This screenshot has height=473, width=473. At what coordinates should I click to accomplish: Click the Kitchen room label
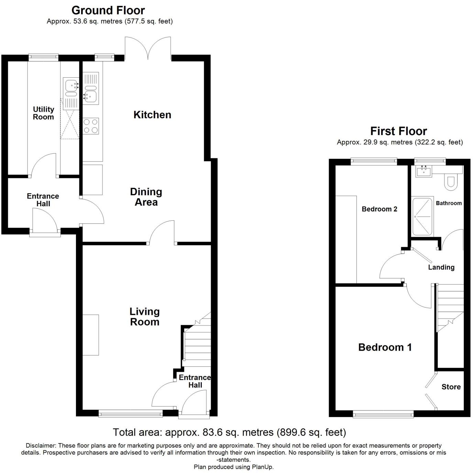(152, 115)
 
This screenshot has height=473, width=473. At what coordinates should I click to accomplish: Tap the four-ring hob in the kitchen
(91, 126)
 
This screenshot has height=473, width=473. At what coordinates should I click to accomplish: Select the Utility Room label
(43, 113)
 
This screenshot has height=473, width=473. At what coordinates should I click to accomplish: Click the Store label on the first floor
(451, 387)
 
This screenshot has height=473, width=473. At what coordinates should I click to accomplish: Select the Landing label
(441, 267)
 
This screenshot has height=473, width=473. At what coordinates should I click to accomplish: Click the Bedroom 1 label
(385, 347)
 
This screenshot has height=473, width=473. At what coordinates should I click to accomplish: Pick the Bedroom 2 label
(379, 209)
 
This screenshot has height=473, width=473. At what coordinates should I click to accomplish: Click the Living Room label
(145, 317)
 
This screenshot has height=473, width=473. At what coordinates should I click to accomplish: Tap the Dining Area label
(146, 197)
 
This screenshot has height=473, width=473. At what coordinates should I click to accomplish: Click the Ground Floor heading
(108, 10)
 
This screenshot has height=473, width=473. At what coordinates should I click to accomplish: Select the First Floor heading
(398, 131)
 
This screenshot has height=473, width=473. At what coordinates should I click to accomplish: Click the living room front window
(131, 414)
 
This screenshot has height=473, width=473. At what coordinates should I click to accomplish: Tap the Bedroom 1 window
(383, 415)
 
